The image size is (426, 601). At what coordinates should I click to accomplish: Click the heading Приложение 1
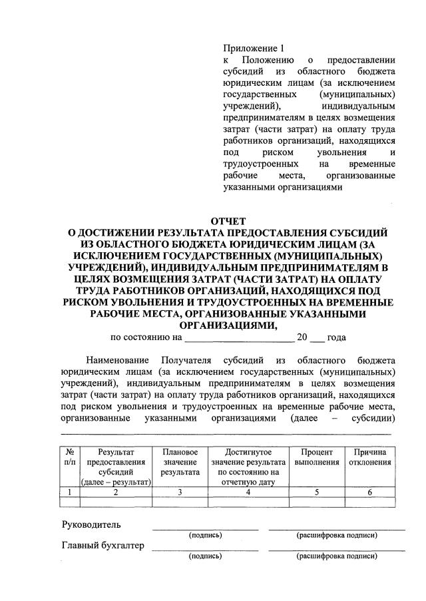[254, 48]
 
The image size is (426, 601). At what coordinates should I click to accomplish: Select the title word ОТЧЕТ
[228, 221]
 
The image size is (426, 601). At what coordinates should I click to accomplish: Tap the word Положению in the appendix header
[269, 60]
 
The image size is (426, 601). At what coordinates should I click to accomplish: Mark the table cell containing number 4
[247, 493]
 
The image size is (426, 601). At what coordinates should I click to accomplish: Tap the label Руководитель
[91, 524]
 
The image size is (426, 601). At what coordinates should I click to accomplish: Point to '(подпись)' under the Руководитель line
[206, 534]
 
